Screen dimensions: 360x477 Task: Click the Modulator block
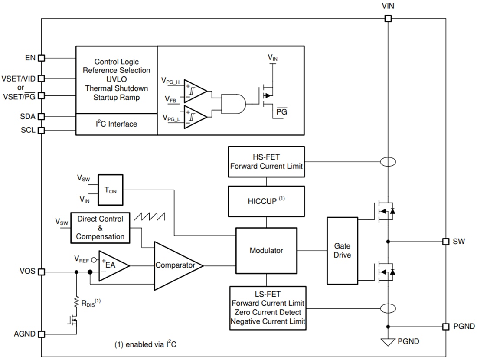click(266, 251)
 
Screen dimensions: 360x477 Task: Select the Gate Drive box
click(342, 251)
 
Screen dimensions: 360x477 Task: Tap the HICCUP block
click(266, 202)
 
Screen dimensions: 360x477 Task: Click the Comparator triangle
click(176, 265)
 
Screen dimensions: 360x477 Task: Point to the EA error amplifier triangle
click(111, 265)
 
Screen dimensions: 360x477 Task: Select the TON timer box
click(110, 190)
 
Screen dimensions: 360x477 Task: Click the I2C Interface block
click(116, 124)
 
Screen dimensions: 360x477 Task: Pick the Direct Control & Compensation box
click(100, 228)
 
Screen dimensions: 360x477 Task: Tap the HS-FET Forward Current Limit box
click(266, 162)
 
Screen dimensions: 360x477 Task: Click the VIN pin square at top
click(388, 19)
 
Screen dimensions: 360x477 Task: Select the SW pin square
click(445, 242)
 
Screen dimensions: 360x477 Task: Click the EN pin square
click(42, 58)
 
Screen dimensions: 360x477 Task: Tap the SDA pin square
click(42, 117)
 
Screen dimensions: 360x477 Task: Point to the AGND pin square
click(42, 334)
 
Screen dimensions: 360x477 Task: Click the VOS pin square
click(42, 272)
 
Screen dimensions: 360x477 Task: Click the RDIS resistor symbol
click(76, 302)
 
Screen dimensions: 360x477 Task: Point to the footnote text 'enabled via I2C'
click(145, 345)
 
